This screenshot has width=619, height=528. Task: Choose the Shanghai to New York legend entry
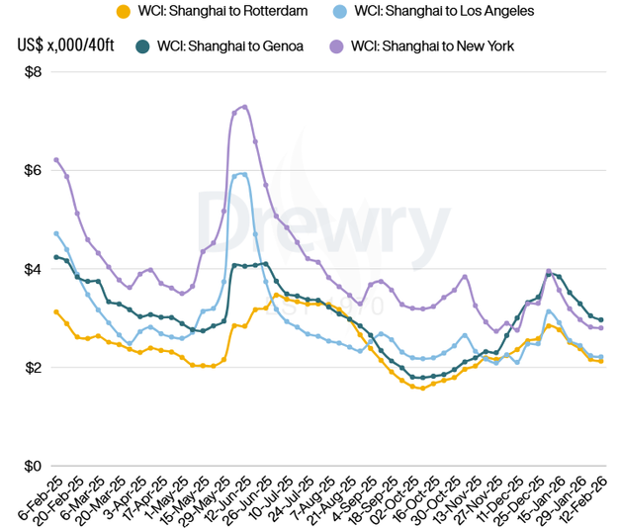432,45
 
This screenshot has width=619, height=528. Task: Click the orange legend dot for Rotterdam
123,12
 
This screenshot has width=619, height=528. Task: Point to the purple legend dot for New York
336,45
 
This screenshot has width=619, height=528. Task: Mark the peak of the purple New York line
244,107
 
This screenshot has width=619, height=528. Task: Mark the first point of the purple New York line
56,159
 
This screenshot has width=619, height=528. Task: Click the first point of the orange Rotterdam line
56,311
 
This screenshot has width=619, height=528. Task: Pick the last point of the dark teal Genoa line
601,319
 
